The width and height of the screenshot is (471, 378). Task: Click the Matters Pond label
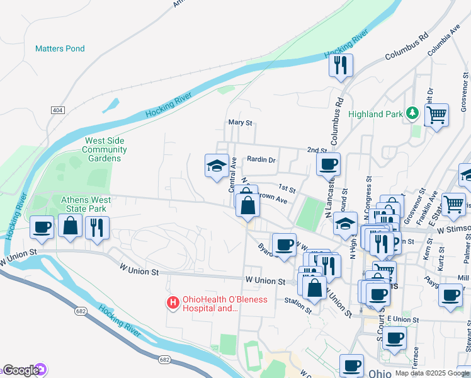pyautogui.click(x=60, y=49)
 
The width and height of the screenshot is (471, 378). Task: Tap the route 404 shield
pyautogui.click(x=58, y=110)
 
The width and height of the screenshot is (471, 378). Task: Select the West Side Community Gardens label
pyautogui.click(x=104, y=149)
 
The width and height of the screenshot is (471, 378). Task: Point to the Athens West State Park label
pyautogui.click(x=86, y=204)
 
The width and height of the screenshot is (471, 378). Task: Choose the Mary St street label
pyautogui.click(x=240, y=122)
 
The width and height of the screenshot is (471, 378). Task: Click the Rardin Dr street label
pyautogui.click(x=261, y=160)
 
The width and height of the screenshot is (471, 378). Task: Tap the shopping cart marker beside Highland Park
pyautogui.click(x=436, y=115)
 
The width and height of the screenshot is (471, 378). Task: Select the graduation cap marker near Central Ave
pyautogui.click(x=217, y=166)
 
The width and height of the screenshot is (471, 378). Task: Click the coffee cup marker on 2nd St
pyautogui.click(x=328, y=164)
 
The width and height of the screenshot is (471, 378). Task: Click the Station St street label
pyautogui.click(x=298, y=306)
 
